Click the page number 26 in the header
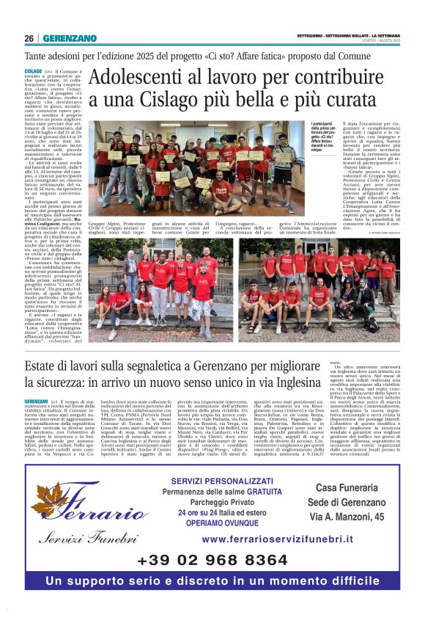29,38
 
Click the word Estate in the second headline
45,366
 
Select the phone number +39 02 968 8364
212,561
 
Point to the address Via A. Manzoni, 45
347,519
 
